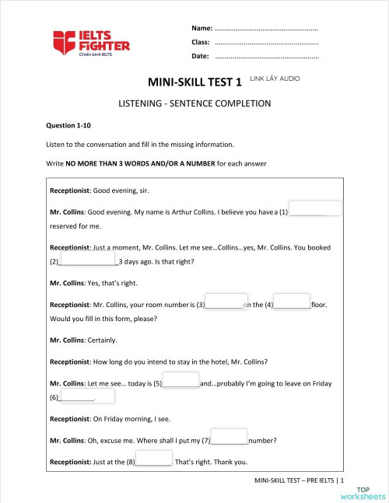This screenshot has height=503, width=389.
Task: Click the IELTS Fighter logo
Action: pos(91,44)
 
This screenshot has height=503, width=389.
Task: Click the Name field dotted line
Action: pos(266,29)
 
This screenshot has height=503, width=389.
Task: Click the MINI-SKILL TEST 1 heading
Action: pos(194,82)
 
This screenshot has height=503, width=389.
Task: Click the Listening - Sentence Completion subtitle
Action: pos(194,103)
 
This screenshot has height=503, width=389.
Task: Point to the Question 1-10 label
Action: pos(68,125)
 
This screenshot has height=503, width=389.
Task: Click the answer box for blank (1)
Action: pos(316,209)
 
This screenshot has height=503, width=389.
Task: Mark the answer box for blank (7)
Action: pos(230,438)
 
